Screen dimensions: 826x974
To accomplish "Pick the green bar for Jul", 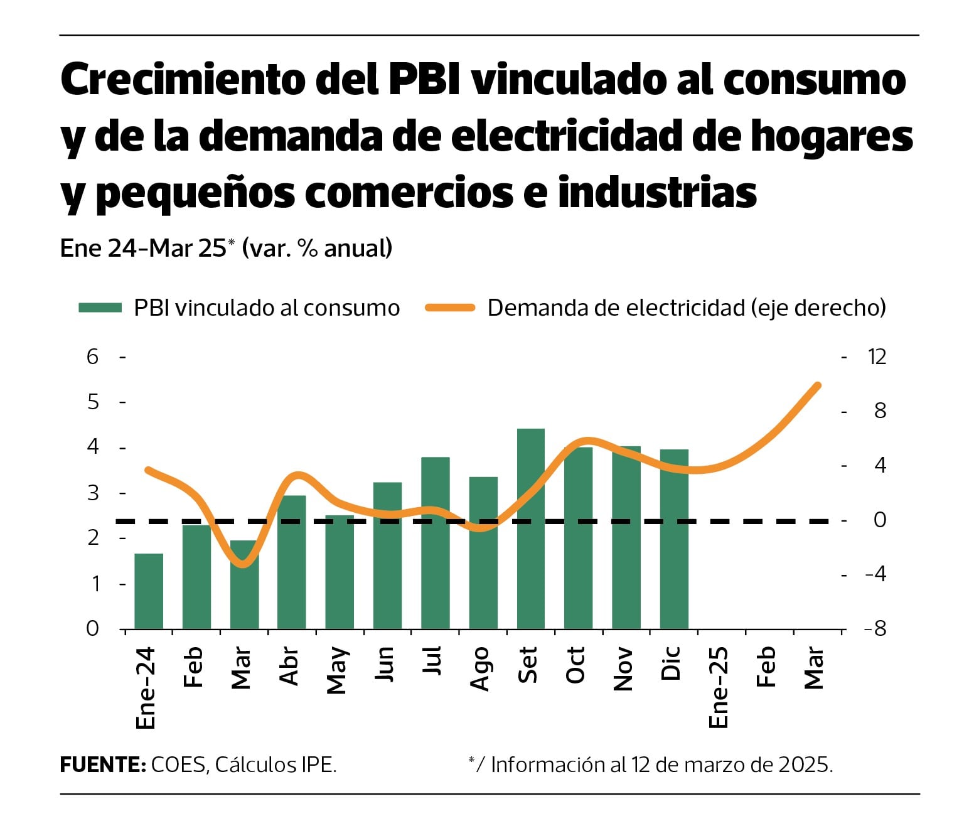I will (435, 543).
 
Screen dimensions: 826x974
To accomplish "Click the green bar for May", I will (340, 572).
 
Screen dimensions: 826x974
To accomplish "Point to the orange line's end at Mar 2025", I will (817, 385).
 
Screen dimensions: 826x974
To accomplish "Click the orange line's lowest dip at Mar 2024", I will (243, 564).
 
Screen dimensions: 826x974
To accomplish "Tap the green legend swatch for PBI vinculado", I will (100, 308).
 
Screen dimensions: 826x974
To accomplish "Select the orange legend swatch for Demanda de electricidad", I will (449, 308).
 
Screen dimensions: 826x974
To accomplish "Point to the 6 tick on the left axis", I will (93, 357).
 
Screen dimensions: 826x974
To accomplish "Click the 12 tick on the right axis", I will (876, 357).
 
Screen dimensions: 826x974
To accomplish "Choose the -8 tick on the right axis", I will (875, 628).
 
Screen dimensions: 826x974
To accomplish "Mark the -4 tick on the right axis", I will (875, 574).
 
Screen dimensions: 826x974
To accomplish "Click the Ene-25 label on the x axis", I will (719, 687).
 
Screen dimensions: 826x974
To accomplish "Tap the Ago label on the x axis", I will (480, 668).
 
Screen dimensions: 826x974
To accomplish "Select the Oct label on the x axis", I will (575, 665).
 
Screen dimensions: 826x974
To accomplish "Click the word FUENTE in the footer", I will (102, 764).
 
